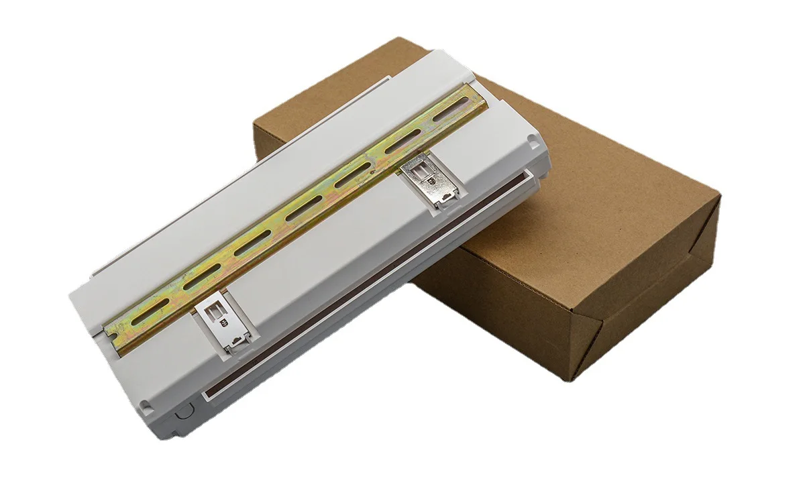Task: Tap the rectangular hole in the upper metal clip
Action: pos(421,174)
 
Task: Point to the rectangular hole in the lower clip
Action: pos(215,313)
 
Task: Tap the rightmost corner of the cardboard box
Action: pos(719,195)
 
